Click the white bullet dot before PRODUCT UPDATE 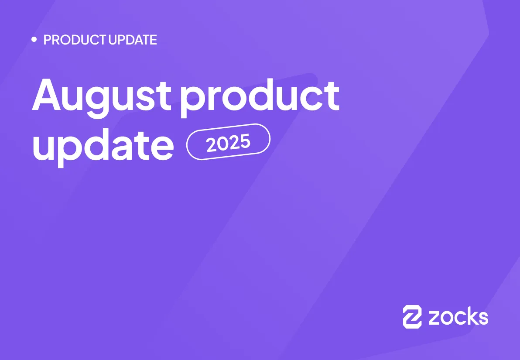(34, 40)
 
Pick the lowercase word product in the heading (260, 97)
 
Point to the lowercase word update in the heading (103, 144)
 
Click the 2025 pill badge (228, 142)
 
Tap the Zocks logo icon (412, 316)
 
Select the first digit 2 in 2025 (212, 145)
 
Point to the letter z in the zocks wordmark (435, 318)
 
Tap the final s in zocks (483, 318)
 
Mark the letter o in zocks (447, 318)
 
